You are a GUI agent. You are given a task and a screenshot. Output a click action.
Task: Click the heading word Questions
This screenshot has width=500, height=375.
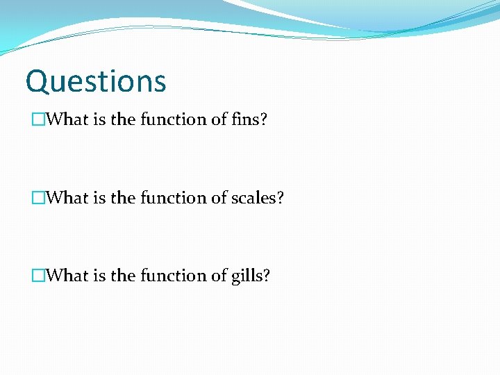(96, 81)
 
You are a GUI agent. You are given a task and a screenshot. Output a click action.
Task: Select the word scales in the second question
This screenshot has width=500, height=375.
(257, 198)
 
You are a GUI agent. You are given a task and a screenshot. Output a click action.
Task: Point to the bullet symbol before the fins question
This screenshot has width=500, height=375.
(37, 119)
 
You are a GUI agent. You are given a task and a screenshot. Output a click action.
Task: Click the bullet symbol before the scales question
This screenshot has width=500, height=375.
(37, 198)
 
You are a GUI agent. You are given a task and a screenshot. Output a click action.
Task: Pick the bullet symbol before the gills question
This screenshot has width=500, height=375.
(37, 276)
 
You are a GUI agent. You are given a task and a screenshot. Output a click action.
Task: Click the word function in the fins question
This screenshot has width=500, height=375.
(173, 119)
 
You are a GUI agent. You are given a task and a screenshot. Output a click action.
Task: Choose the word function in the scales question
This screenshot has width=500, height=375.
(173, 198)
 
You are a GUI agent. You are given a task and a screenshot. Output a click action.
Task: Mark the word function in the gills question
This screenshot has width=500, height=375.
(173, 276)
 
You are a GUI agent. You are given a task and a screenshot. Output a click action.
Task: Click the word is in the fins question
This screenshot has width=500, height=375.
(99, 119)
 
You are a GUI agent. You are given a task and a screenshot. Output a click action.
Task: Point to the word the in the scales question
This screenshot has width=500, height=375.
(123, 198)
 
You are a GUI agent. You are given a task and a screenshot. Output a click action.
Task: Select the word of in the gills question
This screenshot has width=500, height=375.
(219, 276)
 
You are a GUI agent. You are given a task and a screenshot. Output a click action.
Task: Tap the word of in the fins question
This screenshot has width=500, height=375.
(219, 119)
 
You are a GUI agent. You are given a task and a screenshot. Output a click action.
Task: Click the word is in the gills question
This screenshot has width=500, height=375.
(99, 276)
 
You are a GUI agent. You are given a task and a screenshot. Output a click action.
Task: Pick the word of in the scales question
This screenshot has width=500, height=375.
(219, 198)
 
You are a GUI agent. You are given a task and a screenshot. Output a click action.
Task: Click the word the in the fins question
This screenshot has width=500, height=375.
(123, 119)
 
